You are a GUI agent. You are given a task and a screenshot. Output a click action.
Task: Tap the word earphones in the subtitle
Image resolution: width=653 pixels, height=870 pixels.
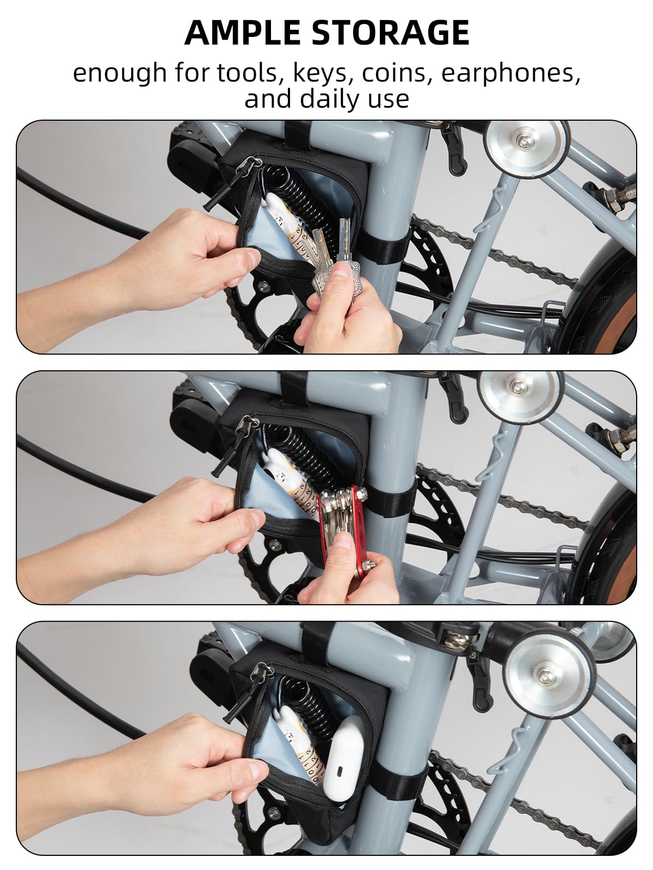(x=510, y=73)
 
